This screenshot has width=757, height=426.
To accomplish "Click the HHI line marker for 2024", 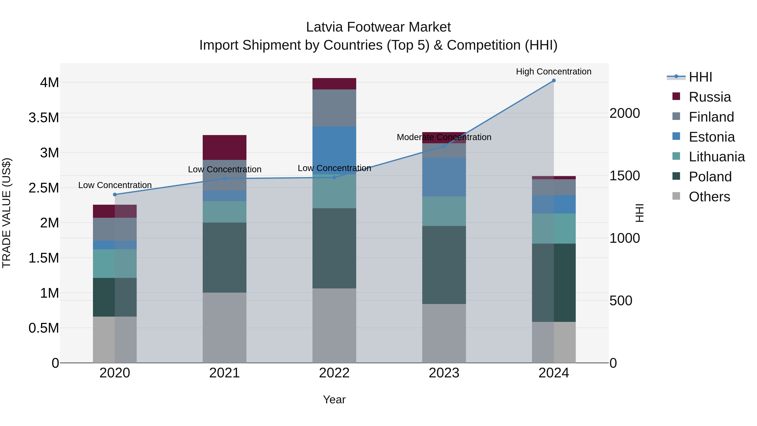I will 554,81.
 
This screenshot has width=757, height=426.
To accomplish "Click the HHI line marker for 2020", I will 115,195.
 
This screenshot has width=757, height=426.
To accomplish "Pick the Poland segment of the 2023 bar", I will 444,265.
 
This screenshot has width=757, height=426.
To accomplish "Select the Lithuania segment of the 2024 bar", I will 554,228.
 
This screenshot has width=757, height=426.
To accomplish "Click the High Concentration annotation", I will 554,72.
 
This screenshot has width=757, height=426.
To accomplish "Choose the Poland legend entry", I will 710,177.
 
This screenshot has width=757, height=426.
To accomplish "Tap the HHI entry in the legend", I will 700,77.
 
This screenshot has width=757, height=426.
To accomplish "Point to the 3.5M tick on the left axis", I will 44,118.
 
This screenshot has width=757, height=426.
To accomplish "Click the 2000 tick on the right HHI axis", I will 625,113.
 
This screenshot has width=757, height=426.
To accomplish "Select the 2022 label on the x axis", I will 334,373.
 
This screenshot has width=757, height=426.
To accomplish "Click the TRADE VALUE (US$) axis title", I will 7,213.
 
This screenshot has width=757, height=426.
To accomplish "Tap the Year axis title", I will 334,399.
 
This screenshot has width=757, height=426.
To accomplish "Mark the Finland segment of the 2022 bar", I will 334,108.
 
